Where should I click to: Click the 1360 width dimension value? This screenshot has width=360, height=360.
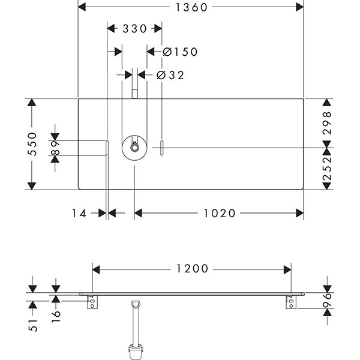pos(191,8)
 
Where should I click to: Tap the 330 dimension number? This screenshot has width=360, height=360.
pos(134,28)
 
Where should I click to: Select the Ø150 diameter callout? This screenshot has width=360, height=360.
pos(180,52)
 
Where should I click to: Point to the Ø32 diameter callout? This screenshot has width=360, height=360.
pos(170,75)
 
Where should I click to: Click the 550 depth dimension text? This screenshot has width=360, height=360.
pos(35,144)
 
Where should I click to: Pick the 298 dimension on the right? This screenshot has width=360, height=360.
pos(326,122)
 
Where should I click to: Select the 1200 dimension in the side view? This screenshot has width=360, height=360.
pos(192,269)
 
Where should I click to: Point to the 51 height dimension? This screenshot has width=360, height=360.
pos(34,325)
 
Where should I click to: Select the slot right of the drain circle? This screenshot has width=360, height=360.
pos(161,147)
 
